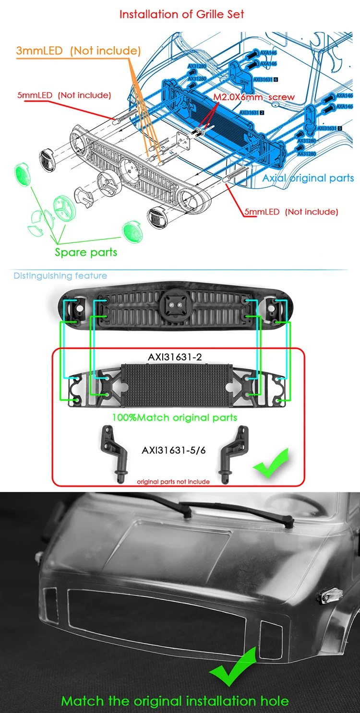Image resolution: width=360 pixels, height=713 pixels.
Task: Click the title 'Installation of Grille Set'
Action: point(181,14)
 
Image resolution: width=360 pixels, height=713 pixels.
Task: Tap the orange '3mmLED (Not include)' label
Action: point(78,50)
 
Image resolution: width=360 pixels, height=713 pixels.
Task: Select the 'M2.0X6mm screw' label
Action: point(254,97)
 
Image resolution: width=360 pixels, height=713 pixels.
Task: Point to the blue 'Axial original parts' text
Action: point(308,178)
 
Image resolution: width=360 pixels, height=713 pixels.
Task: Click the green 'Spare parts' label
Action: point(86,252)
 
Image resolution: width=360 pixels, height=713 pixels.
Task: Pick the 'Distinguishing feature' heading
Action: point(60,276)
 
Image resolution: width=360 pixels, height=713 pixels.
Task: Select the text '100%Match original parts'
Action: point(175,417)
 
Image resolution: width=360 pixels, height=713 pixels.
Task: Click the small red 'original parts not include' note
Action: point(173,481)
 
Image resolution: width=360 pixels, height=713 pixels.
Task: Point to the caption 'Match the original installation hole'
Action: point(175,701)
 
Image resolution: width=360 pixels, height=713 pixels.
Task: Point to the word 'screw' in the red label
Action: point(281,97)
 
